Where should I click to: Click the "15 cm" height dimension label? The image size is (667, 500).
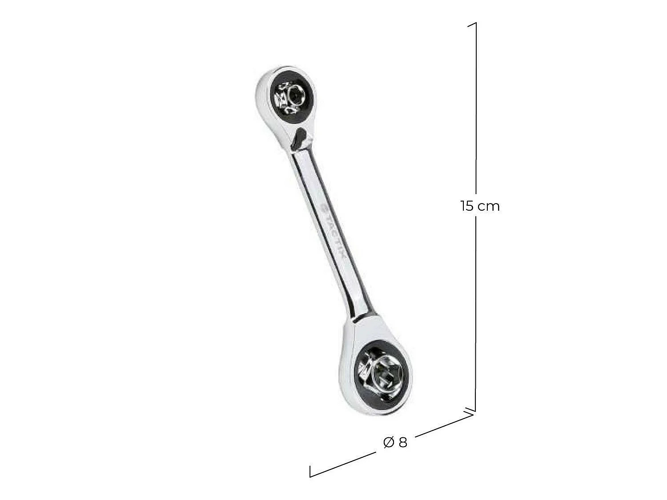pyautogui.click(x=480, y=206)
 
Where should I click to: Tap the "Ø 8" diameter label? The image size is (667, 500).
pyautogui.click(x=395, y=442)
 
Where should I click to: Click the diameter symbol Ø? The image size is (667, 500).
pyautogui.click(x=388, y=443)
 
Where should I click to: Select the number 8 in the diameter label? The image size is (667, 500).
pyautogui.click(x=402, y=442)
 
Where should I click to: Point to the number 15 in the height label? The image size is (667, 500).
pyautogui.click(x=468, y=206)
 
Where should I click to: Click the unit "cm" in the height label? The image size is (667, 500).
pyautogui.click(x=489, y=207)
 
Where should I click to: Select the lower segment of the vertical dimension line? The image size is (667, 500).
pyautogui.click(x=476, y=311)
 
